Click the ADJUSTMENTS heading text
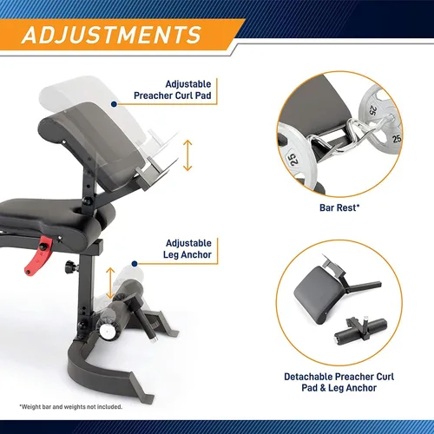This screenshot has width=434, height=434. (111, 35)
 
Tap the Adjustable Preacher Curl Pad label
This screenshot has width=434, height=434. (173, 89)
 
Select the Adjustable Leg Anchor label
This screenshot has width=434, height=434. (187, 249)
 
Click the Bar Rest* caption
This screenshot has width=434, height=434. (339, 207)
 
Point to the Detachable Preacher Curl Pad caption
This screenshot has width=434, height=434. (339, 382)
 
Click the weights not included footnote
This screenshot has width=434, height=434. (71, 407)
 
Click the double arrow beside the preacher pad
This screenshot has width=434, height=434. (187, 155)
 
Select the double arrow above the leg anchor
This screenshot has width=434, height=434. (110, 283)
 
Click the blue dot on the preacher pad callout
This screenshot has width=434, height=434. (114, 104)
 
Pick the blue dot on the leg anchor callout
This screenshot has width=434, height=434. (135, 264)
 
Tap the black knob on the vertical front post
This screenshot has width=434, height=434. (70, 266)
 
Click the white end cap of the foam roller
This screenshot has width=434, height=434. (107, 331)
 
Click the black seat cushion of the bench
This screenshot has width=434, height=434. (55, 215)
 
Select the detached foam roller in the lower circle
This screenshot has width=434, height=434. (360, 332)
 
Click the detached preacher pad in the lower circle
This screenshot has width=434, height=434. (317, 295)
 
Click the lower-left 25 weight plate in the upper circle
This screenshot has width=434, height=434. (298, 158)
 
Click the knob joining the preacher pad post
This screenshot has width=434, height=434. (87, 201)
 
